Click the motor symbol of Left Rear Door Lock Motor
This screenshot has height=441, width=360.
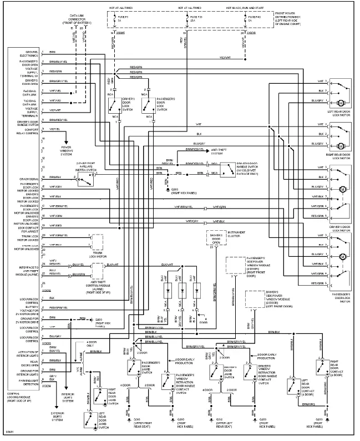tap(342, 103)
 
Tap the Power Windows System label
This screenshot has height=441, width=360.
tap(70, 150)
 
